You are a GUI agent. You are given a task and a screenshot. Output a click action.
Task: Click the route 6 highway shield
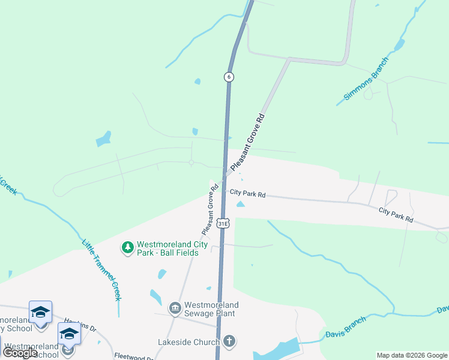(x=228, y=77)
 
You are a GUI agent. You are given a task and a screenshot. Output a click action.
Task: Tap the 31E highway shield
(x=223, y=224)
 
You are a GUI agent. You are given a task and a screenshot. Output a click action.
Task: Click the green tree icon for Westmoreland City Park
(x=127, y=247)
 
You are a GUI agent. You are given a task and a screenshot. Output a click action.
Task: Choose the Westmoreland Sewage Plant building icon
(x=175, y=308)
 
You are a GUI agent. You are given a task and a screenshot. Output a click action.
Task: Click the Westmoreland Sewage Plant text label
(x=211, y=309)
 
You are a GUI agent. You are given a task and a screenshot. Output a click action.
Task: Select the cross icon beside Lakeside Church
(x=228, y=342)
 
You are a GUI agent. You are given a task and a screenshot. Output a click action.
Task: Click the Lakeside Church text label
(x=187, y=343)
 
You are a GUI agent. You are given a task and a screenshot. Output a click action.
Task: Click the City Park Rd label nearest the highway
(x=247, y=195)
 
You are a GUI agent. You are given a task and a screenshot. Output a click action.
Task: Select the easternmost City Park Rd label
(x=396, y=215)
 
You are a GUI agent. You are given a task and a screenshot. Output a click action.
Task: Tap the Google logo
(x=20, y=353)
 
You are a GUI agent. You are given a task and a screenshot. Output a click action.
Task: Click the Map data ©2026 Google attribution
(x=412, y=355)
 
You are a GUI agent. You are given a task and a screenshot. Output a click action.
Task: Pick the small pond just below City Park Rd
(x=241, y=205)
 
